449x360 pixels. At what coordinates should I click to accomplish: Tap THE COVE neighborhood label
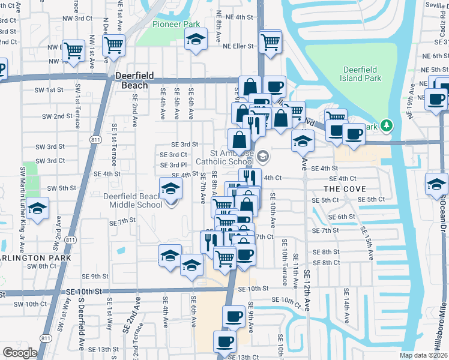tap(346, 189)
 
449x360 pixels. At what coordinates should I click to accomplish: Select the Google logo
tap(20, 353)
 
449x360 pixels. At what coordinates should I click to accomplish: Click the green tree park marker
tap(387, 125)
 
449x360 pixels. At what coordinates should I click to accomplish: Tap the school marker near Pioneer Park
tap(195, 41)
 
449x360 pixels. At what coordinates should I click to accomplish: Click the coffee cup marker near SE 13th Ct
tap(225, 341)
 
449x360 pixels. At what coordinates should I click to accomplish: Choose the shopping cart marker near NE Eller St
tap(271, 42)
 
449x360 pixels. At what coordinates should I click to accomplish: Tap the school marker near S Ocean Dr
tap(436, 184)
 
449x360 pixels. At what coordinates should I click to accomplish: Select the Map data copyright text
tap(424, 355)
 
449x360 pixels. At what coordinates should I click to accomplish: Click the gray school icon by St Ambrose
tap(262, 157)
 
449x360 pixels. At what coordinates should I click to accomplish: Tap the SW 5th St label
tap(61, 188)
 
